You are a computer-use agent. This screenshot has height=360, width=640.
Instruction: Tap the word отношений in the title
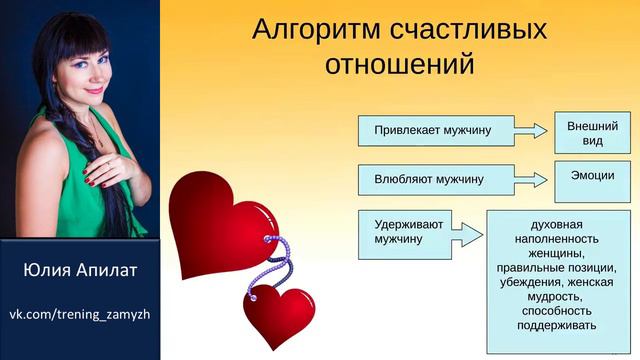pos(399,65)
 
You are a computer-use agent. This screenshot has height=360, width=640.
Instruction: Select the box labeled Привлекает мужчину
pos(437,130)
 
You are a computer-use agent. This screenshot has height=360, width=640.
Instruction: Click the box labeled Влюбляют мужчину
pos(437,179)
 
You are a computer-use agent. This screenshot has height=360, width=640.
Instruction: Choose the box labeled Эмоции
pos(592,177)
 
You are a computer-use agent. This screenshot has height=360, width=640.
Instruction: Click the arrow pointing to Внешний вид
pos(535,129)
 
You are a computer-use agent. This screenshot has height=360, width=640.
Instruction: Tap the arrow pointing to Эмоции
pos(535,179)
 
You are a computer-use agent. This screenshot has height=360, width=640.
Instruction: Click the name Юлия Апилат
pos(80,271)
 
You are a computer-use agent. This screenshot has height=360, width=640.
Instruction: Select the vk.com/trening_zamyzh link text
pos(80,315)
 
